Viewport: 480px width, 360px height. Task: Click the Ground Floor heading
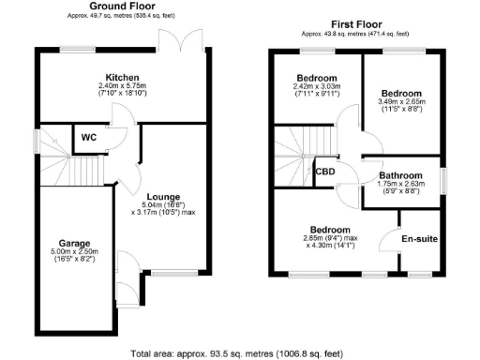(122, 7)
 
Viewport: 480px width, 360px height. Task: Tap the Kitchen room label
(122, 76)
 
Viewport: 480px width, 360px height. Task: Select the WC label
(89, 137)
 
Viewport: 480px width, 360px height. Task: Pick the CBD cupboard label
(325, 172)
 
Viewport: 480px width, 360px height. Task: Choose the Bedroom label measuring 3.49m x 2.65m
(401, 94)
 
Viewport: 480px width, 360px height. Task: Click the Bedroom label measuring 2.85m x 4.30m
(331, 230)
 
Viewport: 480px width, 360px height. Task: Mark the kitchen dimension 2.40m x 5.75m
(122, 90)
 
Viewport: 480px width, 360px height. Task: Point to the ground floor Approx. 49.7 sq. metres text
(122, 17)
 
